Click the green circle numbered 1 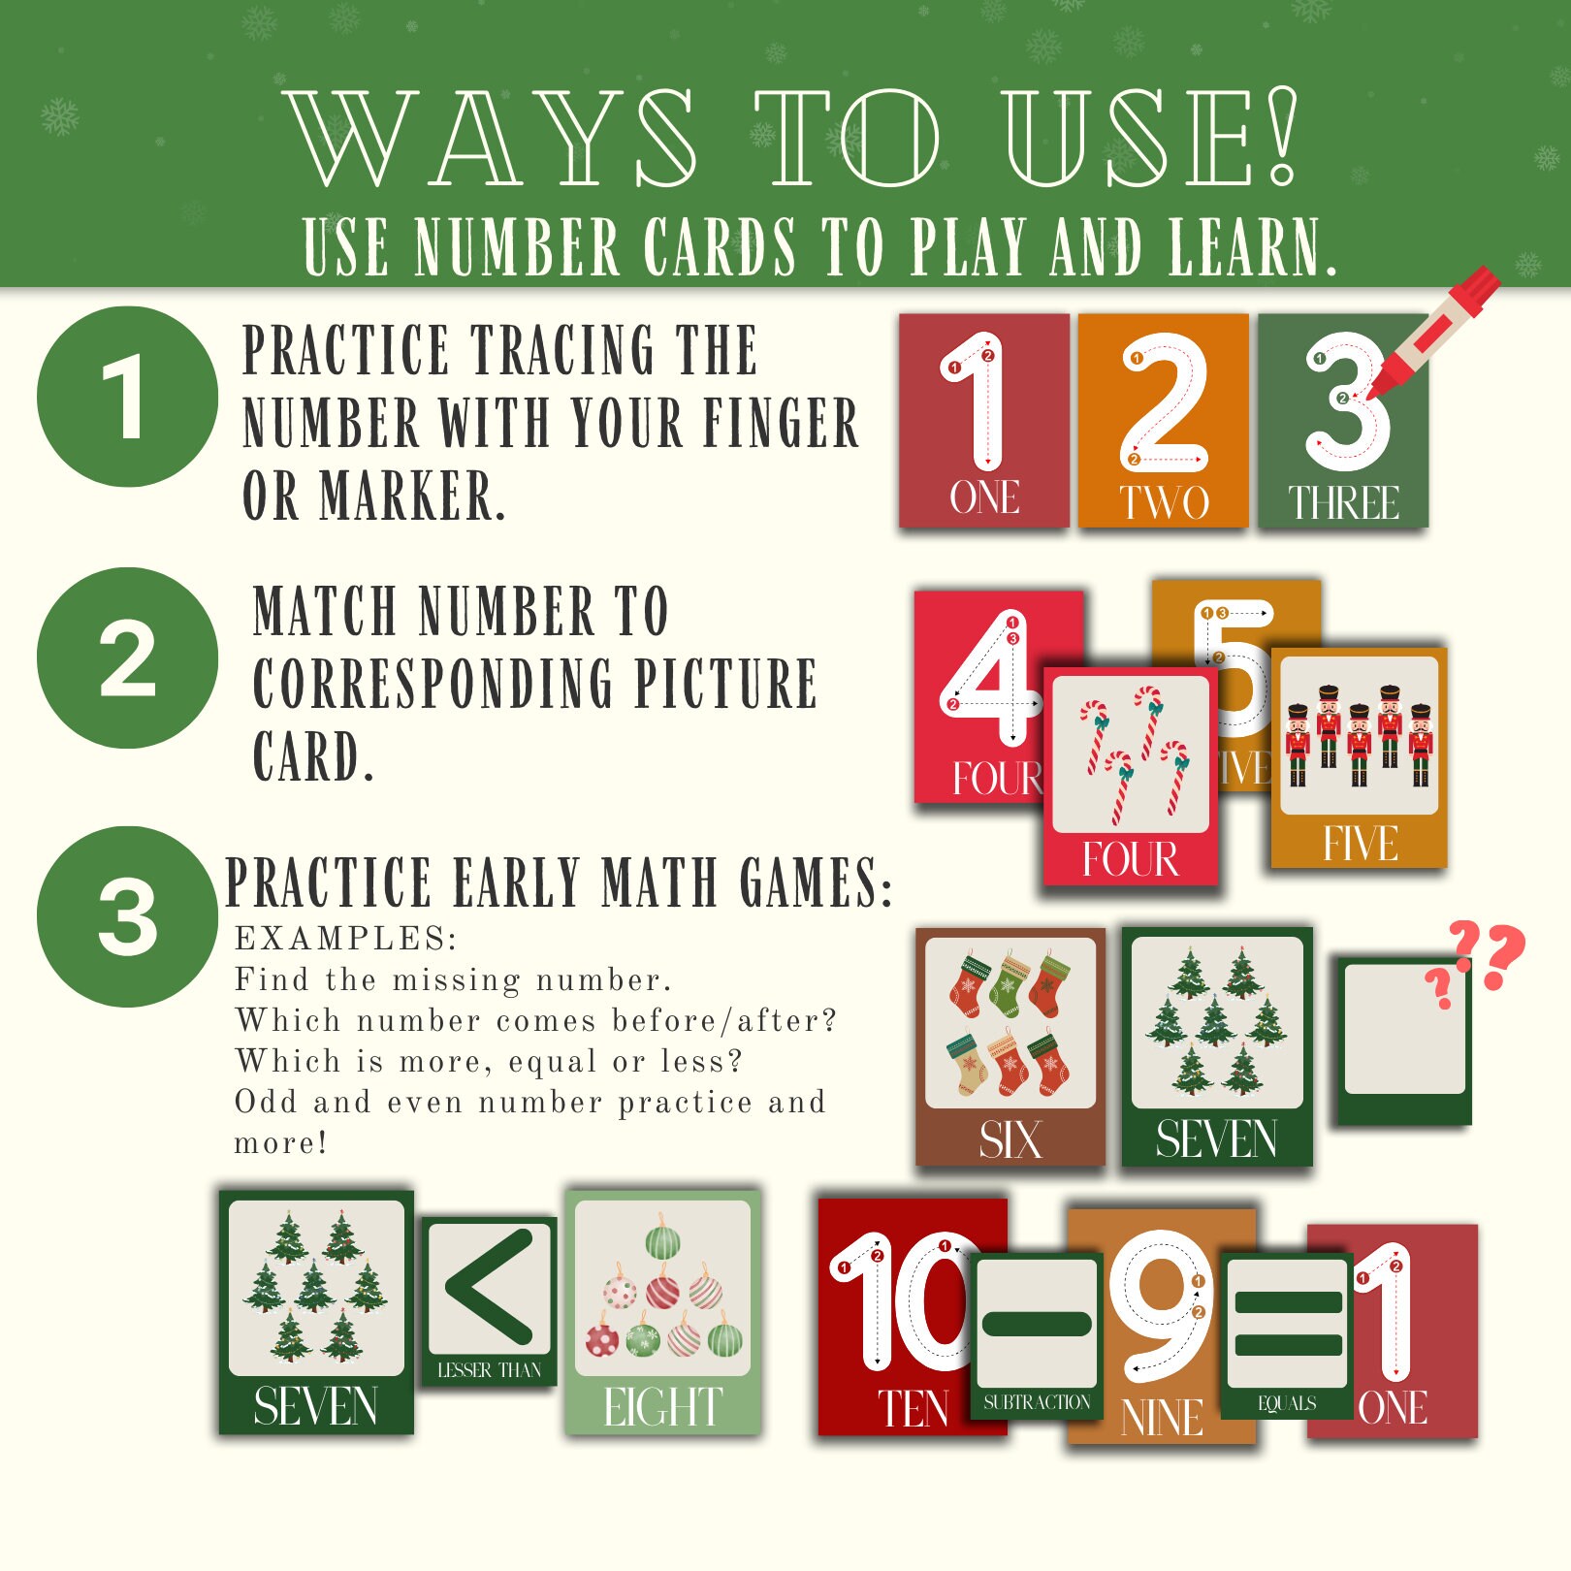pyautogui.click(x=127, y=397)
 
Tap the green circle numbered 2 pyautogui.click(x=127, y=658)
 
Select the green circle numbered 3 pyautogui.click(x=127, y=917)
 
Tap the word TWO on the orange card pyautogui.click(x=1164, y=502)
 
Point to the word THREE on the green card pyautogui.click(x=1343, y=502)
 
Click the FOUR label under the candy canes pyautogui.click(x=1130, y=859)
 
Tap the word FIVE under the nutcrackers pyautogui.click(x=1360, y=843)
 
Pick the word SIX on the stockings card pyautogui.click(x=1010, y=1139)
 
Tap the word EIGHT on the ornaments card pyautogui.click(x=663, y=1407)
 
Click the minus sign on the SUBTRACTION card pyautogui.click(x=1036, y=1323)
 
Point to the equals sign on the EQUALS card pyautogui.click(x=1287, y=1323)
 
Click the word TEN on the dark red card pyautogui.click(x=913, y=1409)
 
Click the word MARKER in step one pyautogui.click(x=412, y=496)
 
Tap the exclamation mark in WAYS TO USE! pyautogui.click(x=1282, y=136)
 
